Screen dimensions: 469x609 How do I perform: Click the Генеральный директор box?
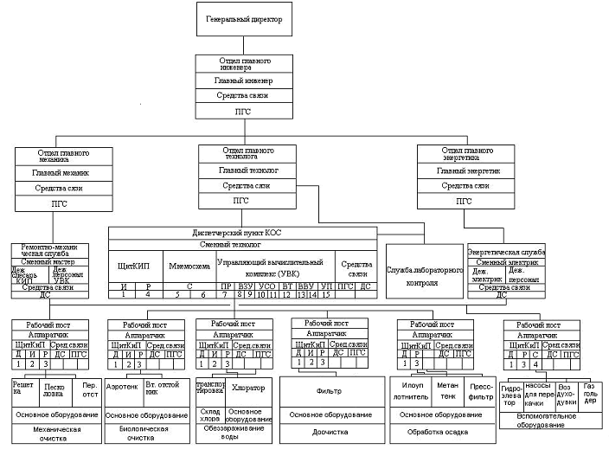pos(245,19)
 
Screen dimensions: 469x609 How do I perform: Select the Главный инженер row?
pos(245,80)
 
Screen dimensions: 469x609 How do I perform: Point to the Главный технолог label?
pos(247,170)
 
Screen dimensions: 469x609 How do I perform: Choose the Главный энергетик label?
pos(465,171)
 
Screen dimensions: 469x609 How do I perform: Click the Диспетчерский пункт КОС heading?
pos(242,233)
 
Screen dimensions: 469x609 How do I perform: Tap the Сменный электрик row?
pos(506,261)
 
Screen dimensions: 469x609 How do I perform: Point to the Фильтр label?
pos(329,390)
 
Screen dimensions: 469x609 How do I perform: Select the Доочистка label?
pos(329,430)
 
